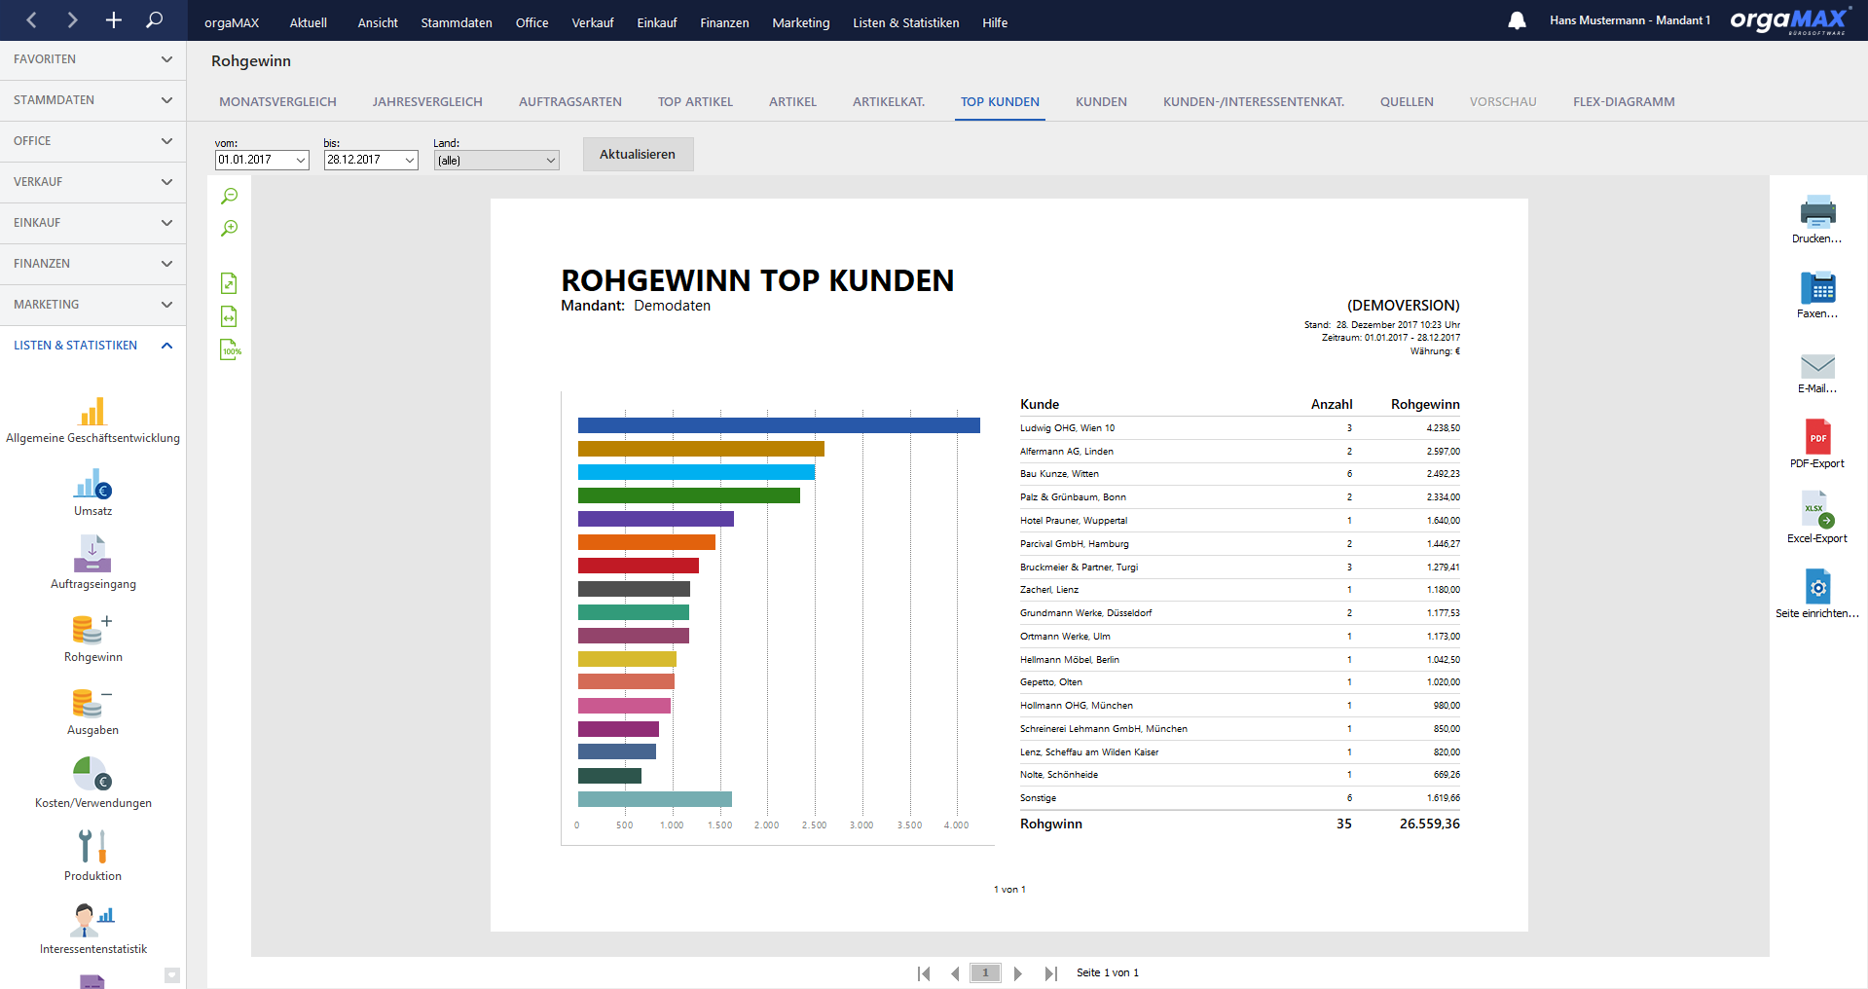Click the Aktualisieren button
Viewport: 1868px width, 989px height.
point(638,154)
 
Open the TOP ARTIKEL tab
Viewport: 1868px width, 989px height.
point(695,101)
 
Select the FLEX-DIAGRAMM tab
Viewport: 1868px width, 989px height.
point(1624,101)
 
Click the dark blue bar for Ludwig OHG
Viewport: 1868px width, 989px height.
point(779,425)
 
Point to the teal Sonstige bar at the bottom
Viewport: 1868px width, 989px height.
point(655,799)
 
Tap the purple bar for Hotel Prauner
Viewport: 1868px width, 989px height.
point(656,519)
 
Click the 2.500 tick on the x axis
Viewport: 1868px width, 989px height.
point(814,825)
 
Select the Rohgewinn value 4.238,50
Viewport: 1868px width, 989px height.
point(1443,428)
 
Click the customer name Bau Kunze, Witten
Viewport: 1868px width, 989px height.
point(1059,474)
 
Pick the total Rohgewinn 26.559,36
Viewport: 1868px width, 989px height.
point(1429,824)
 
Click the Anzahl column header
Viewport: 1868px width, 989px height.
point(1332,404)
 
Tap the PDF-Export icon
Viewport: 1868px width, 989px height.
point(1817,437)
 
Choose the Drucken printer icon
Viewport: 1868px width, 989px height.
point(1817,211)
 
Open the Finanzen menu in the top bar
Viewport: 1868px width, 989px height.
point(724,22)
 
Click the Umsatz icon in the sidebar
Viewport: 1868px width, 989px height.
point(92,484)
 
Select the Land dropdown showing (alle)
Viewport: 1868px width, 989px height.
point(496,161)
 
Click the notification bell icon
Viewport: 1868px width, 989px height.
point(1517,20)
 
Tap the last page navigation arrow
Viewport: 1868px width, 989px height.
point(1050,973)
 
